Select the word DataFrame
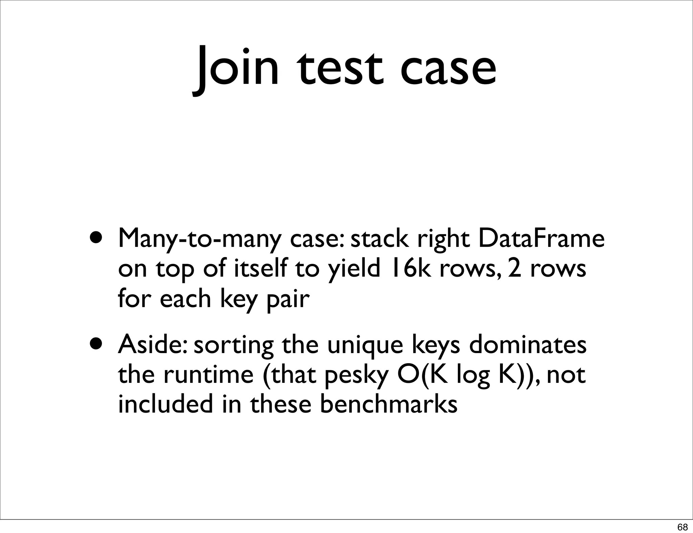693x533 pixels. point(541,238)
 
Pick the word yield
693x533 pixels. point(354,269)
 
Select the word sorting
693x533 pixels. point(234,346)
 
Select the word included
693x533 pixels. point(165,404)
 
